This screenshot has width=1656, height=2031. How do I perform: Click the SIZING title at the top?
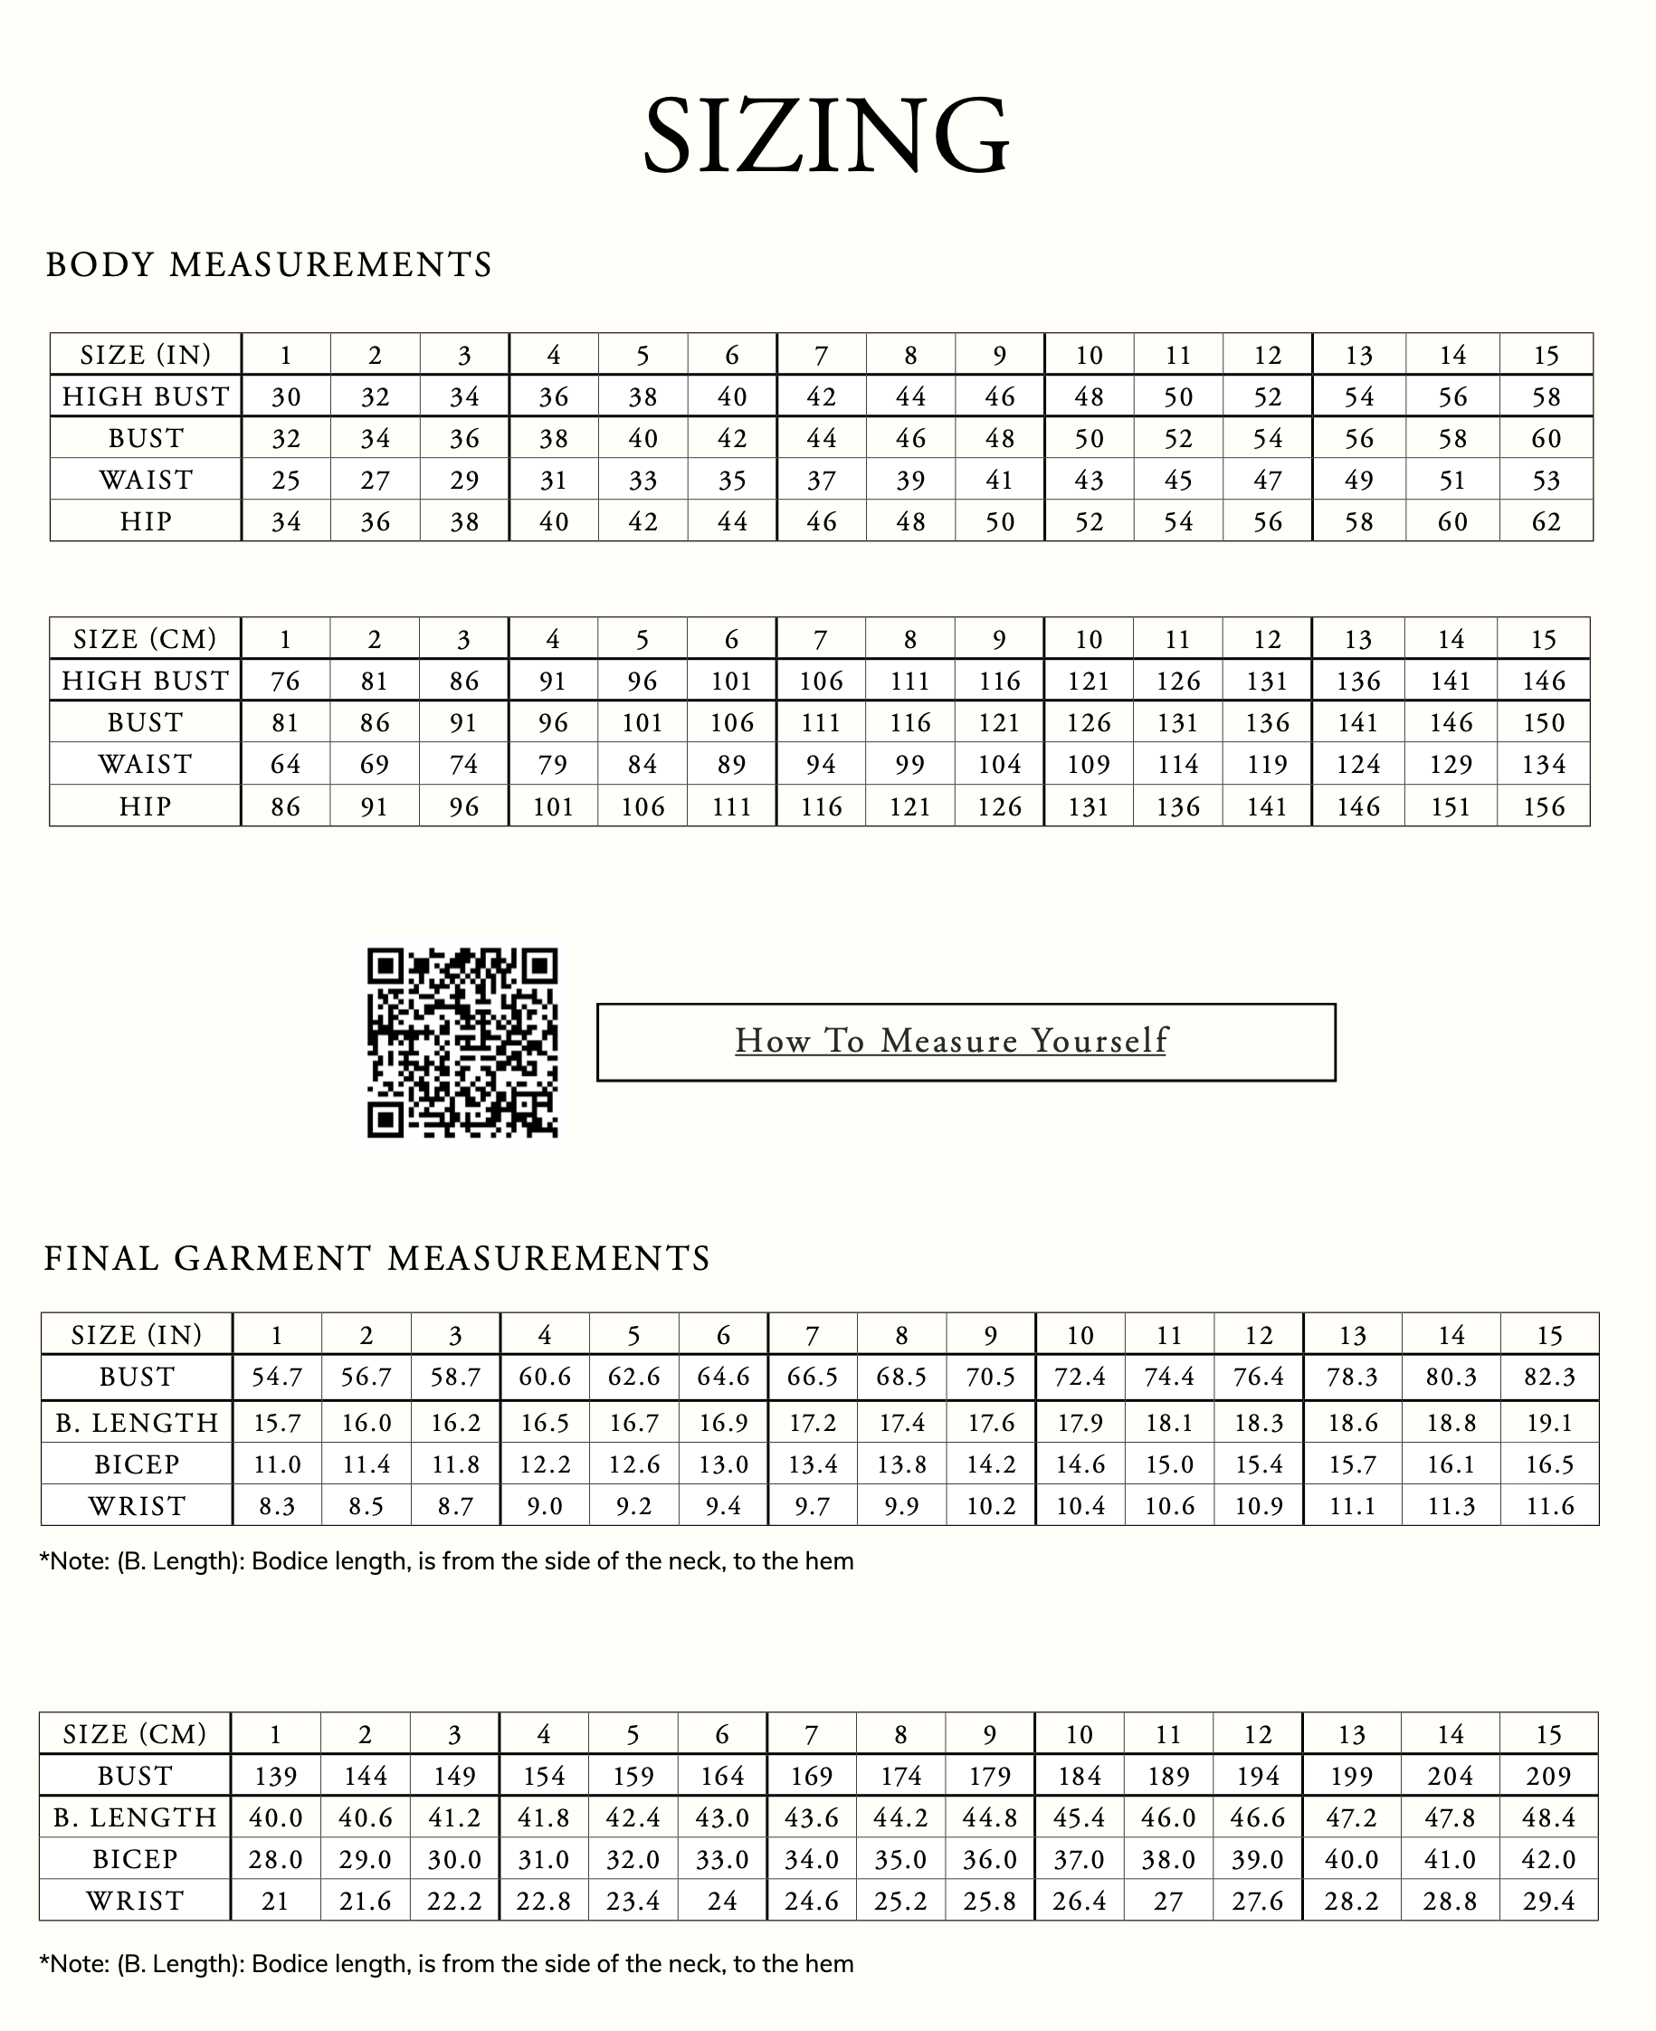826,136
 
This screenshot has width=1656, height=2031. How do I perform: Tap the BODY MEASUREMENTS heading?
269,264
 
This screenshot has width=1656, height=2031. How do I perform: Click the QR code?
462,1042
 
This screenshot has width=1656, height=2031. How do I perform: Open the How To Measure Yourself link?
951,1041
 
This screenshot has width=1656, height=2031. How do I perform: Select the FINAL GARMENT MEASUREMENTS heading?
376,1258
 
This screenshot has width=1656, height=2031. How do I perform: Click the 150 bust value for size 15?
1544,723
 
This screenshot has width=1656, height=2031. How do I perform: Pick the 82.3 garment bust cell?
1548,1378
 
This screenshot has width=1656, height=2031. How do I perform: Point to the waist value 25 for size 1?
285,480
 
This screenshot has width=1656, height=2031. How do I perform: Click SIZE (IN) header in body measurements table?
146,355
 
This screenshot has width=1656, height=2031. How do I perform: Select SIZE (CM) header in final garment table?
136,1733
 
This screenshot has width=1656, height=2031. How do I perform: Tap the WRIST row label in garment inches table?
137,1506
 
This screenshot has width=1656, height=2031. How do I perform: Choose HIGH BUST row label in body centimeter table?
146,682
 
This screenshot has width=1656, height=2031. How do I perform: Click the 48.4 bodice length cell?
1548,1817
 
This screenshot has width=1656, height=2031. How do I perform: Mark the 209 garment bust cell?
1548,1777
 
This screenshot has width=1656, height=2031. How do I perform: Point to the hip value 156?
1544,807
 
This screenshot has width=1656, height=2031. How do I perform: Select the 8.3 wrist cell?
277,1506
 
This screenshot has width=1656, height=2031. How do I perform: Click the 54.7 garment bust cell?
277,1378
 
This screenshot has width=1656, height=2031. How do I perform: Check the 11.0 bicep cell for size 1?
277,1464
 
